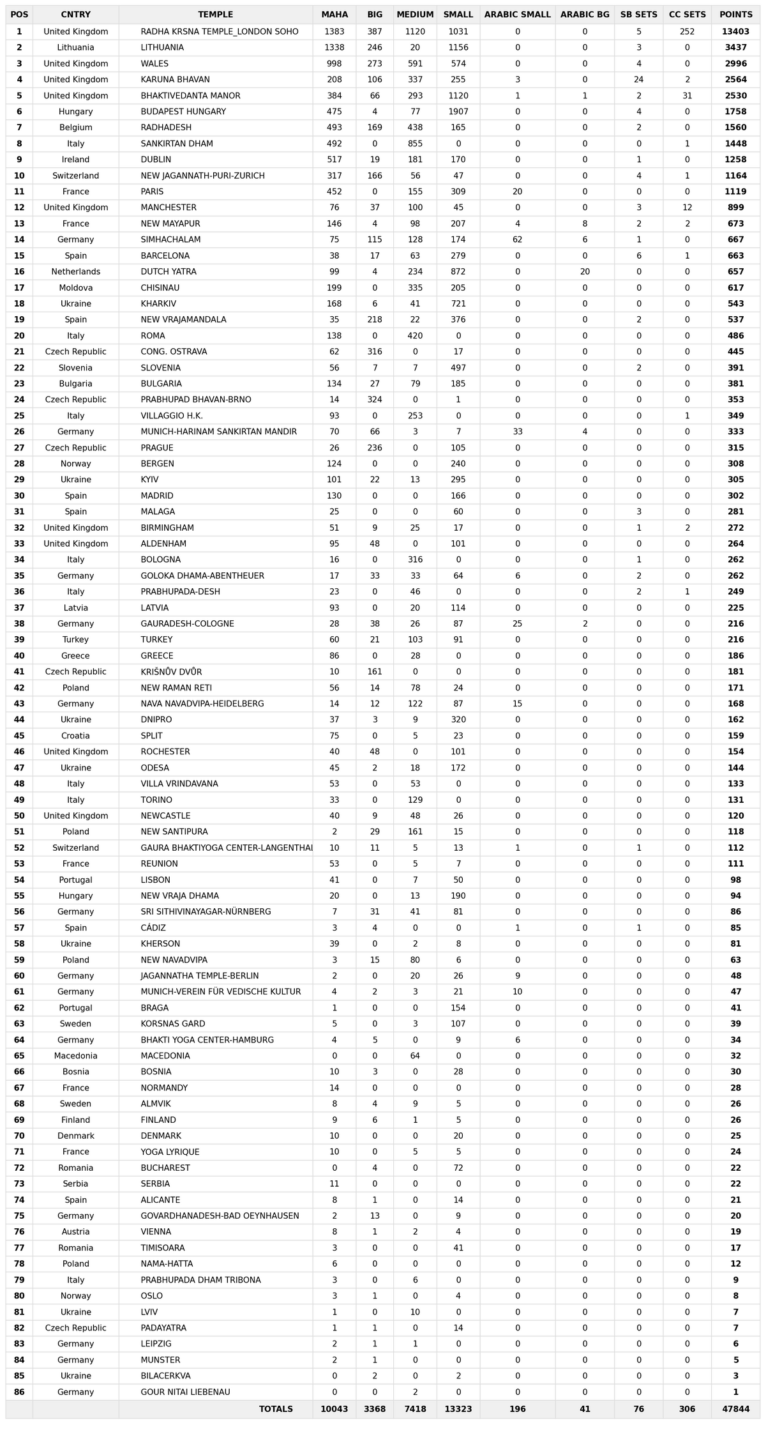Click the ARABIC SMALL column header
point(517,15)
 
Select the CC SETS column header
point(687,15)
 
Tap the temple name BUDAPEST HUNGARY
point(183,112)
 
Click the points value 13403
point(735,32)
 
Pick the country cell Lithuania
point(75,48)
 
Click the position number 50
point(19,816)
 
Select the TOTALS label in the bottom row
point(276,1408)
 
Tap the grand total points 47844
point(735,1408)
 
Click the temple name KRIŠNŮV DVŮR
point(171,672)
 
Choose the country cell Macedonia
point(75,1056)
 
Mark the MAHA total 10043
point(334,1408)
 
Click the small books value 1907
point(458,112)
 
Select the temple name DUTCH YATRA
point(169,271)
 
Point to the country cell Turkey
point(75,639)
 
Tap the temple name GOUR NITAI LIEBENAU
point(185,1392)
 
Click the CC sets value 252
point(687,32)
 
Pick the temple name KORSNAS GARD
point(173,1024)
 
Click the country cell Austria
point(75,1231)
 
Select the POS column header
point(19,15)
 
